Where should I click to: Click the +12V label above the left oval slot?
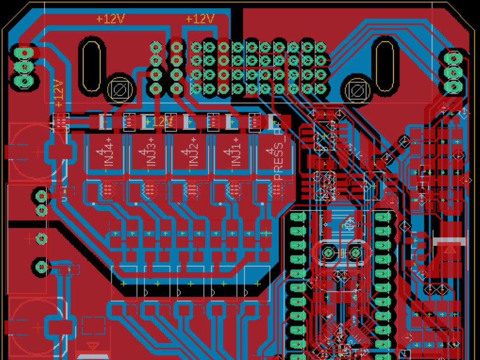[110, 19]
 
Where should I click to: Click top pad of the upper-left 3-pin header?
[23, 51]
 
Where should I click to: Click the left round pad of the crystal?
[328, 252]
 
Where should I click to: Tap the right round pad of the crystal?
[355, 252]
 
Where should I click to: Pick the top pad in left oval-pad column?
[298, 217]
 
